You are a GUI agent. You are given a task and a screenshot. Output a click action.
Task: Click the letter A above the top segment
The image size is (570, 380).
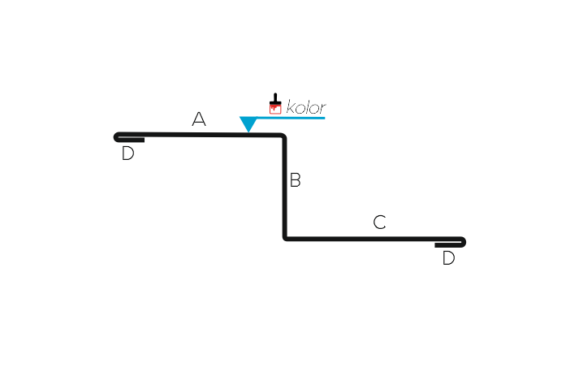coord(199,119)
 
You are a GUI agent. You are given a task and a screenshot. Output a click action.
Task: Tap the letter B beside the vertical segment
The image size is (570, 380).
coord(296,180)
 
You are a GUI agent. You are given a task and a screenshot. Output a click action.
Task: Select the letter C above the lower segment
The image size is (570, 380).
coord(379,222)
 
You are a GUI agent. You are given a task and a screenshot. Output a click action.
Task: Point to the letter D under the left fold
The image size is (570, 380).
coord(128,153)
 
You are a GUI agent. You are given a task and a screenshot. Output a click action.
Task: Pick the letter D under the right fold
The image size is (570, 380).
coord(448,258)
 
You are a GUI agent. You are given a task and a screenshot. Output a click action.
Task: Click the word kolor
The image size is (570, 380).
coord(306,107)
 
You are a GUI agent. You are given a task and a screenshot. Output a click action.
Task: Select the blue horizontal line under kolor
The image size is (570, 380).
coord(291,118)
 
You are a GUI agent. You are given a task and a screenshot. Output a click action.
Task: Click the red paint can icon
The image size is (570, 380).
coord(275,109)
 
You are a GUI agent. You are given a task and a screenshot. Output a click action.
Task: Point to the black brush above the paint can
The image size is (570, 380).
coord(275,98)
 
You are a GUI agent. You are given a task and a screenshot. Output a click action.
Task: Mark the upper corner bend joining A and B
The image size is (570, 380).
coord(283,136)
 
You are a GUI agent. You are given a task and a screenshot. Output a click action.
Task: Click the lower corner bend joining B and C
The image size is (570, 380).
coord(286,238)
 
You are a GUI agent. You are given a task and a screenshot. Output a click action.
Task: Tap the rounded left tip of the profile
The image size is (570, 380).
coord(116,137)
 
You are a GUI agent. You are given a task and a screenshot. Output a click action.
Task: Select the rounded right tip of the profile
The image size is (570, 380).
coord(463,242)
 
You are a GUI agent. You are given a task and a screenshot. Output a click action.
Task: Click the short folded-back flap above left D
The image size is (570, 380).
coord(132,140)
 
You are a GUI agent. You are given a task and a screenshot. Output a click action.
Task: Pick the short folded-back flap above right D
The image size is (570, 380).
coord(448,245)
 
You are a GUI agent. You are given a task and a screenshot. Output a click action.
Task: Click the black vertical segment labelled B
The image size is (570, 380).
coord(285,188)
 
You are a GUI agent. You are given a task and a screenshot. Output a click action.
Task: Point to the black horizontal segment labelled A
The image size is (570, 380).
coord(199,135)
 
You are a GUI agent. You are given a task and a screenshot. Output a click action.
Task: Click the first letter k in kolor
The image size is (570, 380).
coord(291,107)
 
